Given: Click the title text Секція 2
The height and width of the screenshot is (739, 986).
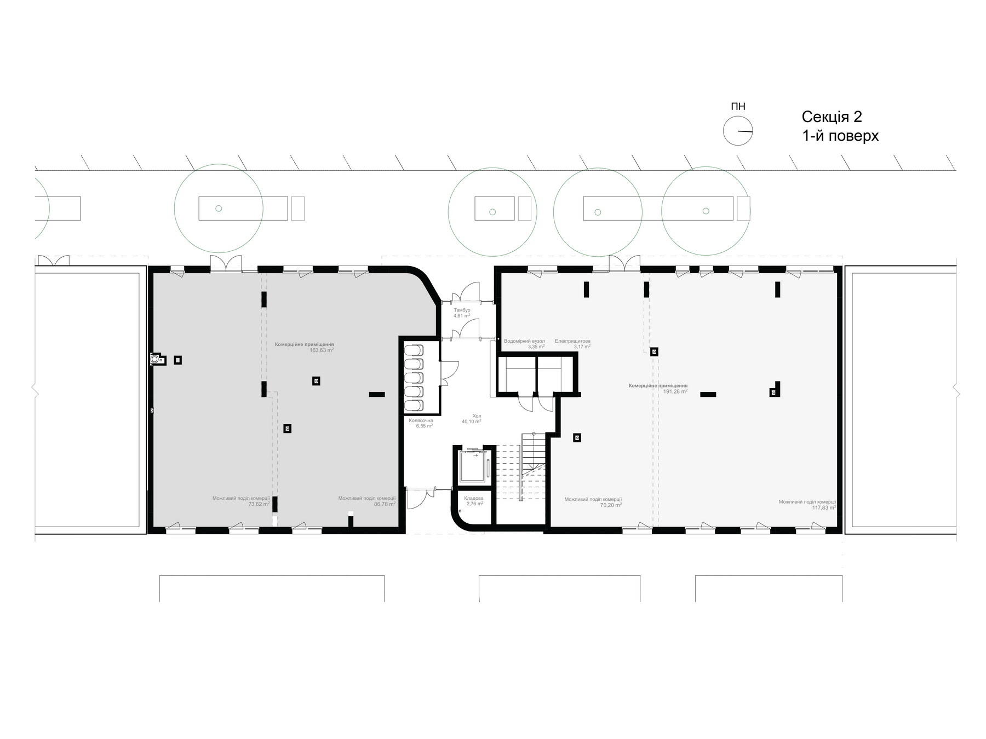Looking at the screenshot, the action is coord(832,117).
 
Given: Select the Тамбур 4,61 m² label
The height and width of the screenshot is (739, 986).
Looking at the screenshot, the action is coord(462,313).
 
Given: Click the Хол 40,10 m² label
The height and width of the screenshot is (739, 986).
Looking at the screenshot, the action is coord(472,419).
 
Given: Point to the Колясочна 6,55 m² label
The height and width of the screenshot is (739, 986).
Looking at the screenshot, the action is coord(421,423).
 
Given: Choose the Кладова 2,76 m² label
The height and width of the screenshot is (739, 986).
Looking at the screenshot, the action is coord(474,501).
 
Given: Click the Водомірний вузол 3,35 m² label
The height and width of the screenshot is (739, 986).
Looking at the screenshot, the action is coord(524,344).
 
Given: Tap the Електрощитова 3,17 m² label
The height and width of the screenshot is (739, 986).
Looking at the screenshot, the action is coord(572,344).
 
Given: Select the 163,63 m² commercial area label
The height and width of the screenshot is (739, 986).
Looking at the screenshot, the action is coord(305,347).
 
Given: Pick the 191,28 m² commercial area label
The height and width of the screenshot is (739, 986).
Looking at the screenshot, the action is coord(658,389).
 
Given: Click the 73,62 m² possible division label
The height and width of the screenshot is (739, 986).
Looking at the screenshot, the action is coord(241,501).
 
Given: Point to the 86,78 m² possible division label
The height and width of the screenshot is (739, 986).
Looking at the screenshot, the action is coord(367,501).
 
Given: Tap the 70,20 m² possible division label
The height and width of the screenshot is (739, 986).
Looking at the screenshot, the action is coord(593,502).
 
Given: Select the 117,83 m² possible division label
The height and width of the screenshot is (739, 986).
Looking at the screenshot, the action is coord(807,505).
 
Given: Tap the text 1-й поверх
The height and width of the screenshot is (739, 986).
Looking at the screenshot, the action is coord(840,136).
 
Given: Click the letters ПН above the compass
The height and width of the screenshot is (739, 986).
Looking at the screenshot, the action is coord(738,107).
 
